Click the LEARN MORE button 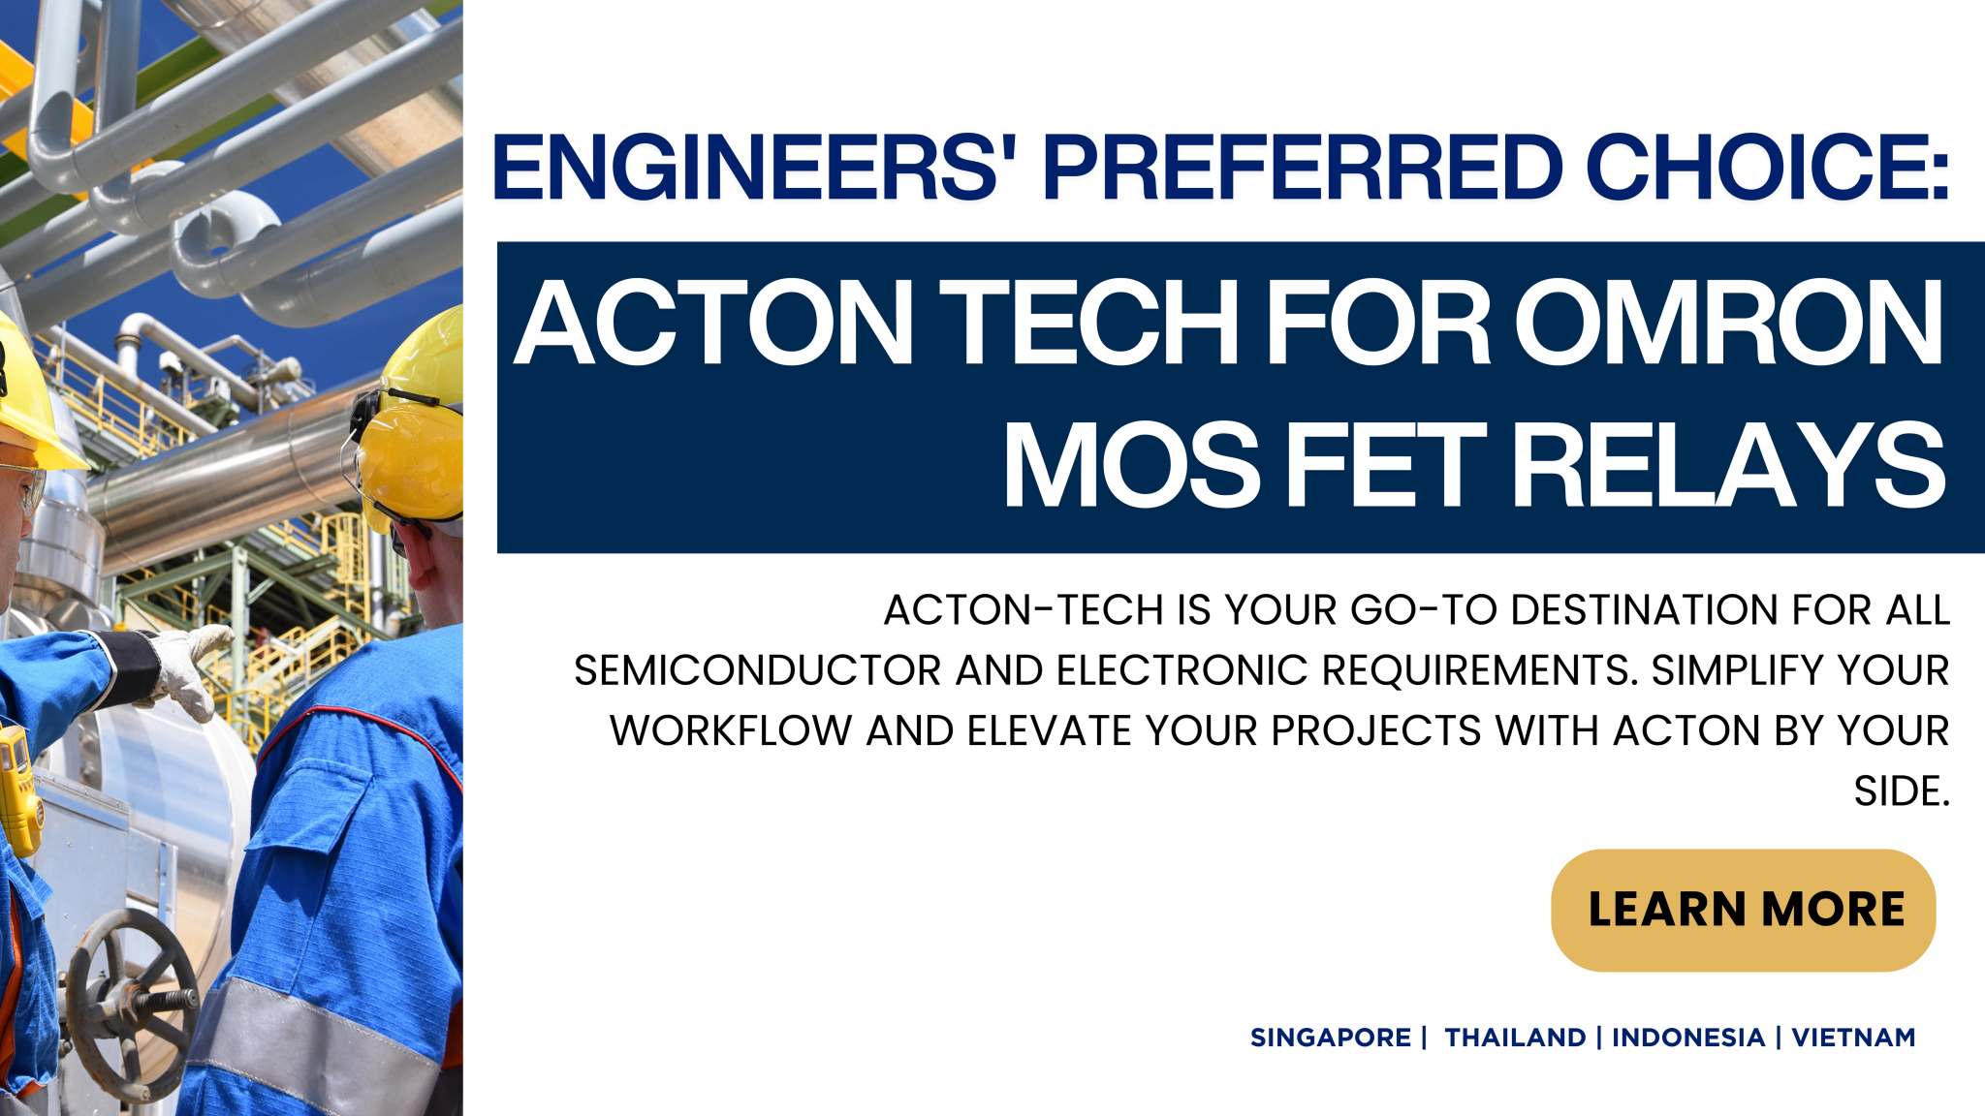coord(1743,910)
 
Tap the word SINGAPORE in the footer coord(1330,1038)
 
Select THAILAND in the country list coord(1515,1038)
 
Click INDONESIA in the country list coord(1687,1038)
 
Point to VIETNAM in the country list coord(1852,1038)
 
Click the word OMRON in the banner coord(1729,323)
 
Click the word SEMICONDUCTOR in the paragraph coord(757,670)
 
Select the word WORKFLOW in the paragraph coord(730,730)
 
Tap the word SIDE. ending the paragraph coord(1901,791)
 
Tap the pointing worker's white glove coord(193,667)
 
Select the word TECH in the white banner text coord(1090,323)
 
